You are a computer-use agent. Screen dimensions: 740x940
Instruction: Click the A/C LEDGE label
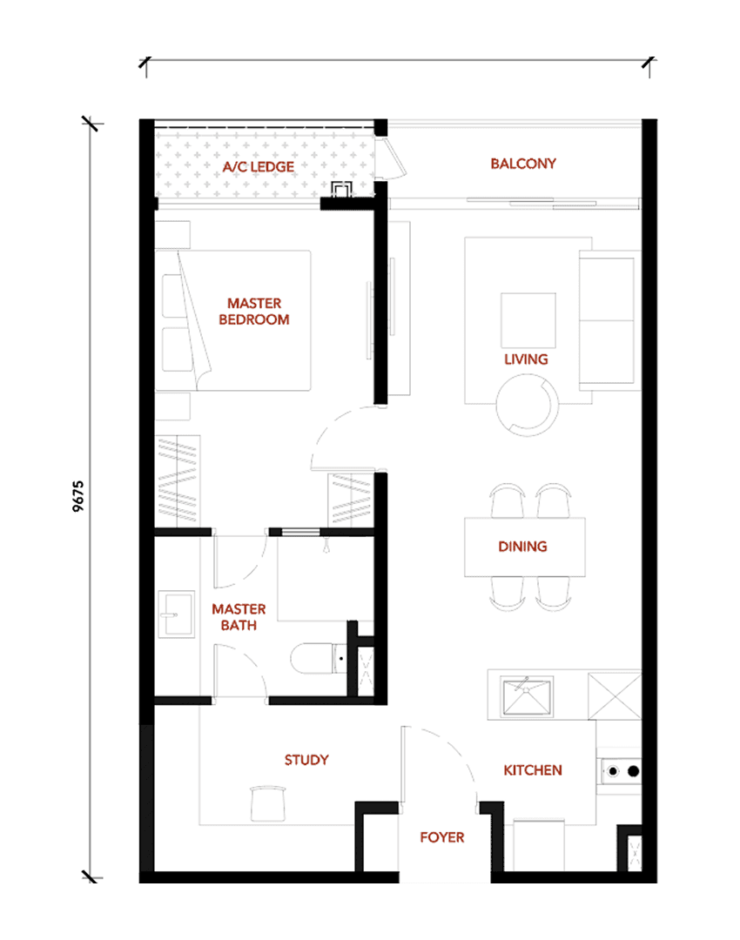(259, 166)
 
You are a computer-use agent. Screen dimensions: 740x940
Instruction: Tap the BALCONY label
(523, 164)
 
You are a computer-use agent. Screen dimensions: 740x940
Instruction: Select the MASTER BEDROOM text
(254, 312)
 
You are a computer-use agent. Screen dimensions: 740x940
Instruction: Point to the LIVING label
(526, 359)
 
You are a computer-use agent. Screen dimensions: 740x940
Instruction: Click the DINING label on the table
(522, 546)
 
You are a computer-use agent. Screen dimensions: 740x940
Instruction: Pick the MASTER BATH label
(239, 617)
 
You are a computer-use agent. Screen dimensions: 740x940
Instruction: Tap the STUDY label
(306, 760)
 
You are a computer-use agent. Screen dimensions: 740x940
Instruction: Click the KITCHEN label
(533, 770)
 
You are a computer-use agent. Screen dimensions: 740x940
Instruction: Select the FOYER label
(442, 837)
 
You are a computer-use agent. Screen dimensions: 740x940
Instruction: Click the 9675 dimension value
(78, 496)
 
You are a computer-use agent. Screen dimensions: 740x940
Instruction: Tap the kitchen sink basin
(526, 695)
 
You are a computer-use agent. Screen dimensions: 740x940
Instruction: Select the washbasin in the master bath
(177, 614)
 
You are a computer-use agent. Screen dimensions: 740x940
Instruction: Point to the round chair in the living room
(527, 405)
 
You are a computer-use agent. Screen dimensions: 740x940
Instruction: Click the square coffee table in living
(528, 320)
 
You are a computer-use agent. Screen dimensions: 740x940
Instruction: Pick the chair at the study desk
(267, 803)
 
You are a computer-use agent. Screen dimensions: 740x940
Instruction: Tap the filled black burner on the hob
(633, 771)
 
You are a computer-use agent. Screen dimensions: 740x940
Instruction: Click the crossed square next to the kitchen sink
(615, 696)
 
